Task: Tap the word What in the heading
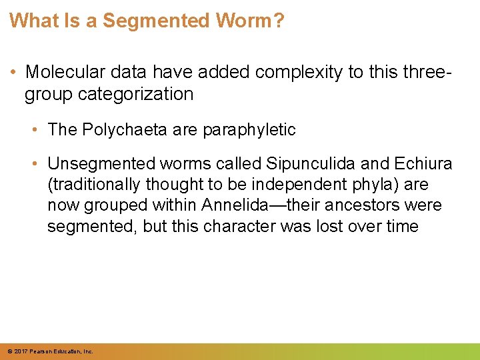coord(31,21)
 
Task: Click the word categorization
coord(136,94)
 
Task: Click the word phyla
coord(377,185)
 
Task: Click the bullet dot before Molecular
coord(13,72)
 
